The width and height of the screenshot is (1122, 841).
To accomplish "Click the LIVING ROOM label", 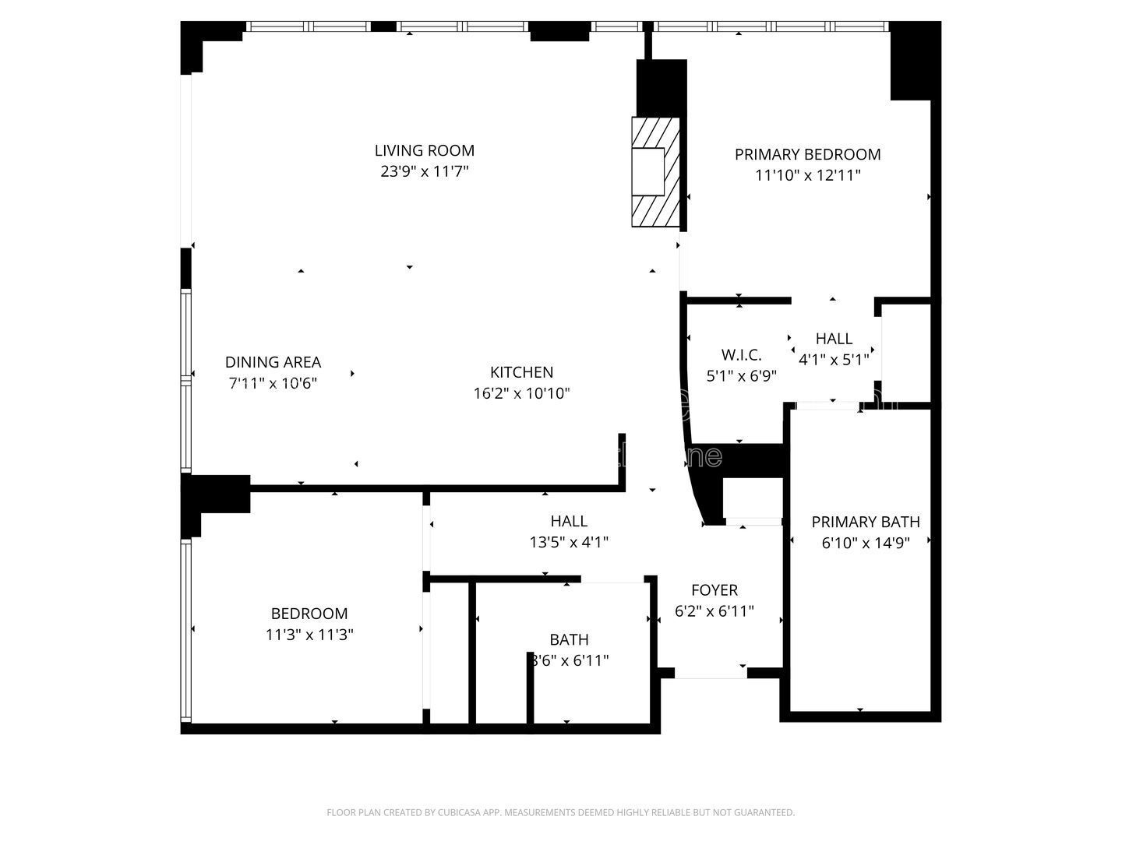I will pos(424,150).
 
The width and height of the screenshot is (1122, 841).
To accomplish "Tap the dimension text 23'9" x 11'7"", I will pos(424,171).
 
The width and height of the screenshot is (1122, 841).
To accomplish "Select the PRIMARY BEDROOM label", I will pos(807,154).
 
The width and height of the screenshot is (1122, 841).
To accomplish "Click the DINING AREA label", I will pos(273,362).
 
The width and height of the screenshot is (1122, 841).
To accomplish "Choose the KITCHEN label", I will pos(521,372).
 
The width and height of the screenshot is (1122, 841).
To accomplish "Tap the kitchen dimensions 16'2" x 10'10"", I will pos(521,393).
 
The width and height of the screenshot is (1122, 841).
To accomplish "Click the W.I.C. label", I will pos(741,355).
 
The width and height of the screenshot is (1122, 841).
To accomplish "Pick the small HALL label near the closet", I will pos(834,339).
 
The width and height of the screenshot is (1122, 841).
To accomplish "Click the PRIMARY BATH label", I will pos(865,522).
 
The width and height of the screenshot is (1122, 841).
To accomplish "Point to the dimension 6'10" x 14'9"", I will pos(865,543).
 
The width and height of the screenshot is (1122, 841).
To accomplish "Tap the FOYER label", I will pos(714,590).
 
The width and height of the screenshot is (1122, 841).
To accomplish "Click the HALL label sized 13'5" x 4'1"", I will pos(569,521).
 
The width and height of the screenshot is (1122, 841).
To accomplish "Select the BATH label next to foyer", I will pos(569,639).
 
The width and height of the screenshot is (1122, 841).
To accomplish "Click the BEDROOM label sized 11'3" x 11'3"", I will pos(309,614).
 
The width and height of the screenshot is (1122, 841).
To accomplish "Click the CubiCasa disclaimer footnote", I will pos(560,812).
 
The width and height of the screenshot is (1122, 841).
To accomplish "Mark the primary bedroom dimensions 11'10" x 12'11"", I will pos(807,175).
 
